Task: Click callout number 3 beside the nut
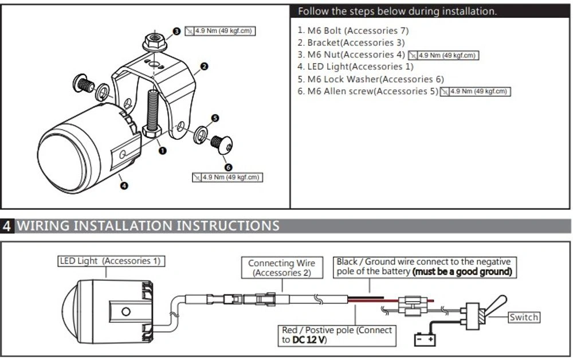click(177, 32)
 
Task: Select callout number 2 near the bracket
click(204, 66)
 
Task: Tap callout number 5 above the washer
click(215, 118)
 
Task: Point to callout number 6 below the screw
click(228, 167)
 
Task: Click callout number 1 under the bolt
click(162, 151)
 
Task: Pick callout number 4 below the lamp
click(124, 185)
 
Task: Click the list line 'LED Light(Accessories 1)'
click(355, 67)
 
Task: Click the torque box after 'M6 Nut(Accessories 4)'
click(444, 56)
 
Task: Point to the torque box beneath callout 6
click(227, 177)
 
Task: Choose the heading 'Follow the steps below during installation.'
click(398, 11)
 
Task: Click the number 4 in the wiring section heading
click(7, 225)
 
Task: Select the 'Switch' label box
click(524, 317)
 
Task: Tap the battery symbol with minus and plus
click(425, 339)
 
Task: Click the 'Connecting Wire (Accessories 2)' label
click(281, 268)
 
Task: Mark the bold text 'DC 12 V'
click(309, 340)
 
